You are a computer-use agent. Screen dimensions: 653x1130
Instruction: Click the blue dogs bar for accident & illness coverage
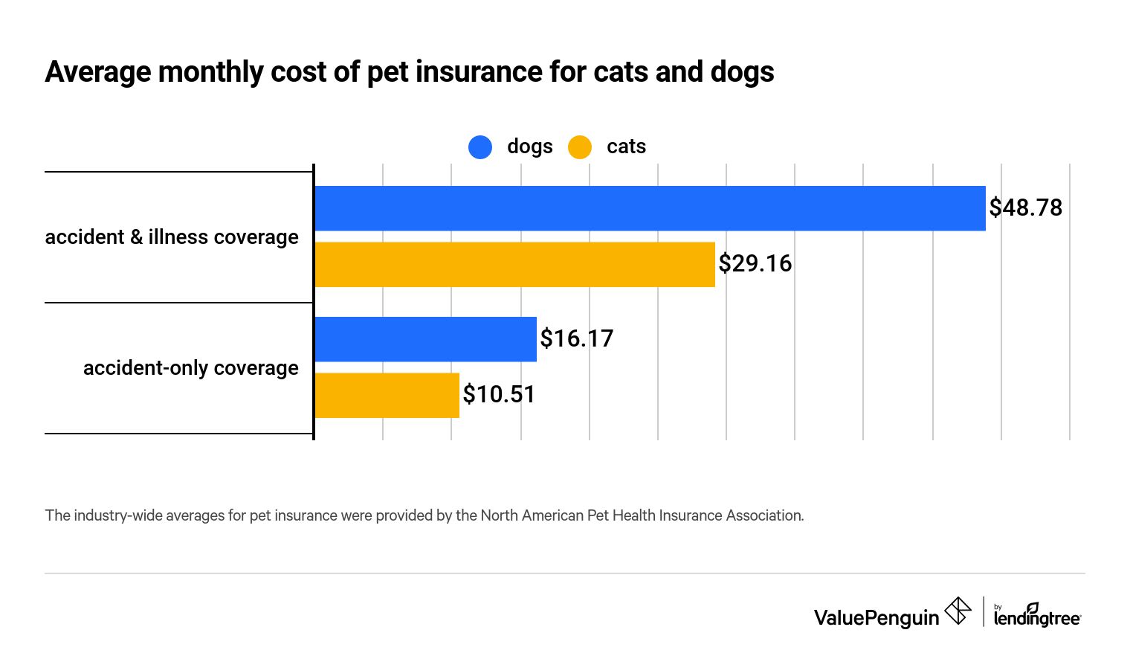coord(650,208)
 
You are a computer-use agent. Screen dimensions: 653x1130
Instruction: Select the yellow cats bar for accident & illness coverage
coord(514,264)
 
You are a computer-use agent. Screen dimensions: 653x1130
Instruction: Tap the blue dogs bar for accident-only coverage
coord(425,339)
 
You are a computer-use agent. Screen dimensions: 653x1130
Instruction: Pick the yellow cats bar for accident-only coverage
coord(387,395)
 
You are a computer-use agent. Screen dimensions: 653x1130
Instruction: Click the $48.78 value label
coord(1025,208)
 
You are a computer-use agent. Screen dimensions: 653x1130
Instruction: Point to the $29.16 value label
coord(755,263)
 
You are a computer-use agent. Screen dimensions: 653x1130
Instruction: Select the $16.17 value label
coord(576,338)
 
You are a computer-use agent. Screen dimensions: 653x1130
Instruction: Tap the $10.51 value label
coord(499,394)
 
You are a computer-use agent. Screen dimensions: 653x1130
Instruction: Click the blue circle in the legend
coord(480,147)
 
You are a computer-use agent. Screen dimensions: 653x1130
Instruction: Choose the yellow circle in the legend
coord(580,147)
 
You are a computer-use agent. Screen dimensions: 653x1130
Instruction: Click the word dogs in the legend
coord(529,147)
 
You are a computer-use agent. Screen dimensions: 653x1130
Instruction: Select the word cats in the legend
coord(626,147)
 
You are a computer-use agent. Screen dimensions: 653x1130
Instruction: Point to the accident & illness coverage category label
coord(172,237)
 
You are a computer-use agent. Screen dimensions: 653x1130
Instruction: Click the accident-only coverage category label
coord(190,368)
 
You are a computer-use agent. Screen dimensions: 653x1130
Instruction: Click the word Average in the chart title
coord(98,72)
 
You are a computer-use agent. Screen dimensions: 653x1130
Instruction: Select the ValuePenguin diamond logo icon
coord(958,611)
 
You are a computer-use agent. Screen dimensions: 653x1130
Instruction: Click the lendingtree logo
coord(1037,615)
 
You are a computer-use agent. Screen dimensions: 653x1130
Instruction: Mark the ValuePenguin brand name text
coord(876,618)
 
